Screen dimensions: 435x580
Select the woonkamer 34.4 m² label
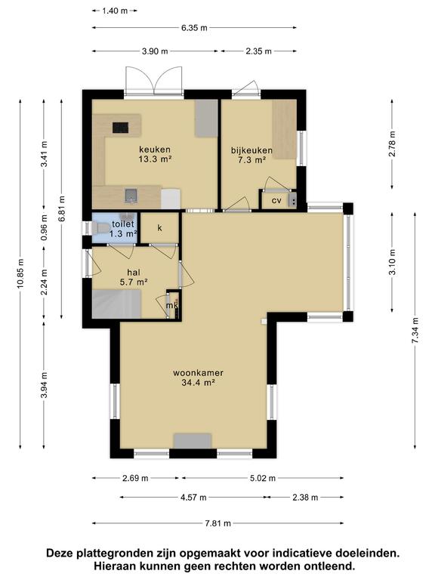tap(199, 378)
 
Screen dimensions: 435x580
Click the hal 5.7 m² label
tap(134, 277)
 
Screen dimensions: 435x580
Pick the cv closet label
tap(276, 200)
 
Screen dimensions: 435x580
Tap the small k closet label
tap(160, 227)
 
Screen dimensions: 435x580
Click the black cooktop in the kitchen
tap(121, 128)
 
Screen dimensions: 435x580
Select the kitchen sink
tap(131, 195)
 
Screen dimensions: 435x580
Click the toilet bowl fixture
tap(99, 228)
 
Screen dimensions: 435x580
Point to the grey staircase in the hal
tap(116, 304)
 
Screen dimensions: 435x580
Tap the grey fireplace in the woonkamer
tap(193, 441)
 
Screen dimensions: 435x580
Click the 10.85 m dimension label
tap(20, 273)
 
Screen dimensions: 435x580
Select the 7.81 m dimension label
tap(217, 523)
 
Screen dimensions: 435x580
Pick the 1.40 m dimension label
tap(115, 11)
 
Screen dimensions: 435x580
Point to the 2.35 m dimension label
tap(258, 51)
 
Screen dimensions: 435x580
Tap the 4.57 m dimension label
tap(193, 497)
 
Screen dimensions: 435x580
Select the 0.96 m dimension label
tap(44, 227)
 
